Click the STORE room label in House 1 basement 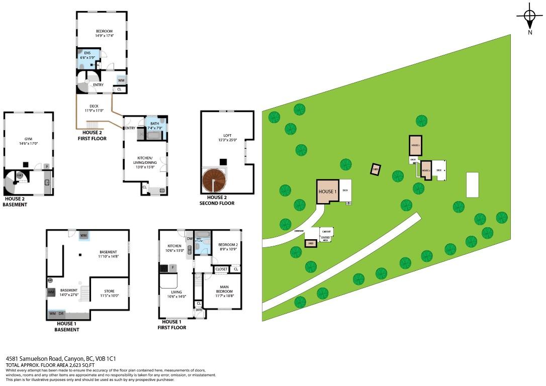point(109,293)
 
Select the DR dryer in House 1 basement point(61,314)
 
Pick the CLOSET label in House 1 point(221,269)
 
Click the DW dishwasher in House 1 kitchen point(190,239)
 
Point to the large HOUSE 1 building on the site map point(327,191)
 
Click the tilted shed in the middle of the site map point(375,169)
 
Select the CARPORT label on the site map point(326,232)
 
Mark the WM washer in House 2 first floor point(121,80)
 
